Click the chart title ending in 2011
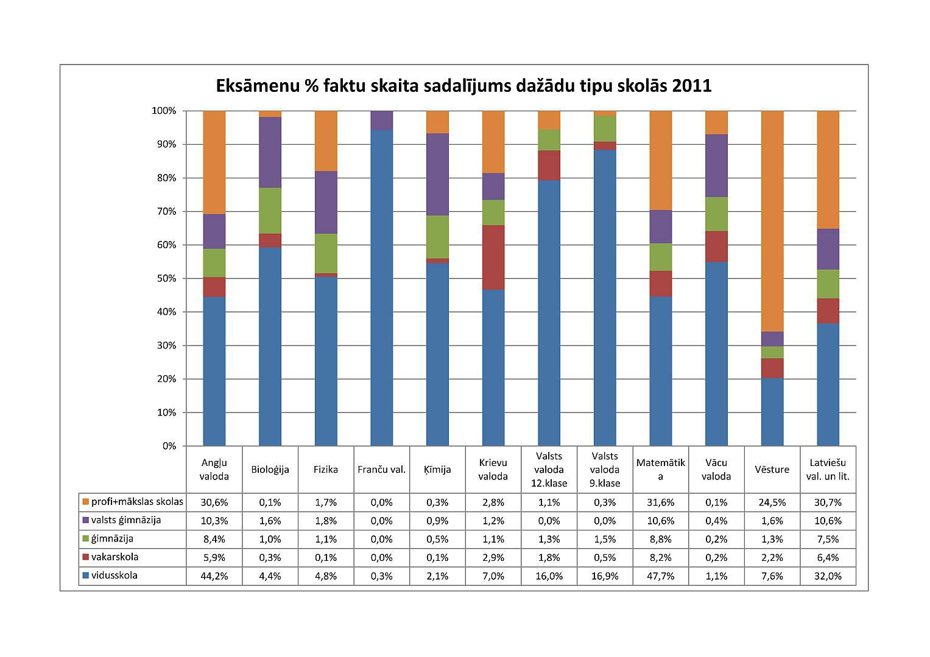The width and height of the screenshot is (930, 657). click(463, 86)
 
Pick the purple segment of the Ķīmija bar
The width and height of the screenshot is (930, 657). click(437, 174)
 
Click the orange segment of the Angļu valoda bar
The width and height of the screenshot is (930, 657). click(214, 162)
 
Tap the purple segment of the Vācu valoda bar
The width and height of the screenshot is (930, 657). click(716, 165)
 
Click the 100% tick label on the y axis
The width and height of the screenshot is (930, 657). click(163, 111)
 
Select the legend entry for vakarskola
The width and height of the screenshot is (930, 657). click(114, 557)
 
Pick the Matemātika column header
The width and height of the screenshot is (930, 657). click(660, 469)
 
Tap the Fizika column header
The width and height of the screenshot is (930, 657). click(326, 469)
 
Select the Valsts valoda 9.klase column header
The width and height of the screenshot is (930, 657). click(605, 469)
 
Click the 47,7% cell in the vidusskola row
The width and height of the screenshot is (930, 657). click(660, 576)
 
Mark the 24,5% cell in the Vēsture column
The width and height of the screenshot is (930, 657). click(772, 502)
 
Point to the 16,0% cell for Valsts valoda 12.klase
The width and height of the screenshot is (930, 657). click(549, 576)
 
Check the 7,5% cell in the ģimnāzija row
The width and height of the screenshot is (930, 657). click(828, 539)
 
